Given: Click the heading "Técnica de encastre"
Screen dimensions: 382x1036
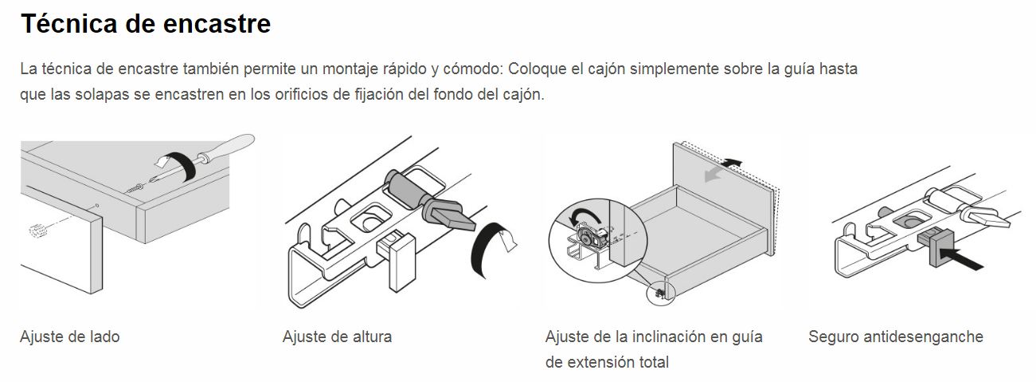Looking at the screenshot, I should [146, 24].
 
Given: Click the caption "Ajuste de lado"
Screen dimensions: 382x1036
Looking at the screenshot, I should [69, 337].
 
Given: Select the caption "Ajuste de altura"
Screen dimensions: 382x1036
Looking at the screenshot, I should [337, 337].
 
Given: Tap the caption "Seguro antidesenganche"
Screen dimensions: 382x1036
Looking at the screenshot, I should [895, 337].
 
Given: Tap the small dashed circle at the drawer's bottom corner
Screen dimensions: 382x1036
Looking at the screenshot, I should [660, 293].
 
